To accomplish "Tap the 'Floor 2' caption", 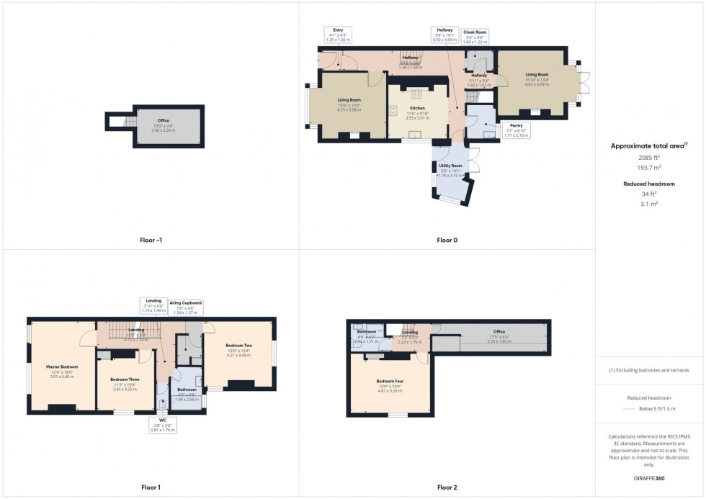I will coord(447,487).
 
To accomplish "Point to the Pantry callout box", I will coord(517,130).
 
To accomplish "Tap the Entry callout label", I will coord(338,35).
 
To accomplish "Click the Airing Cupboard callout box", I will coord(186,307).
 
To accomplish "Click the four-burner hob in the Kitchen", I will coord(416,94).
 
